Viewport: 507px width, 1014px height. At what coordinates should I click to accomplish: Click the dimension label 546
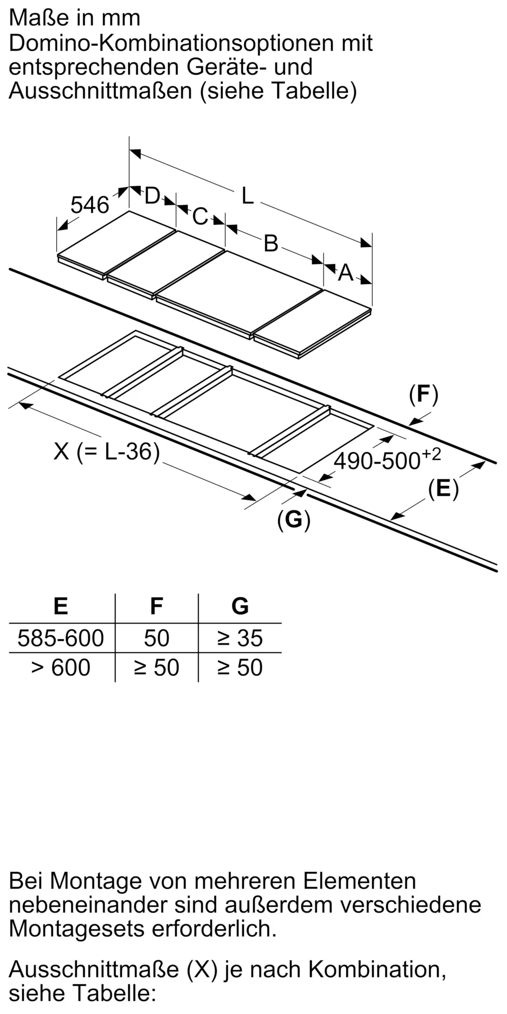click(x=90, y=205)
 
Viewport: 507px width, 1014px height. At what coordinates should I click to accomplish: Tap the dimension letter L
click(x=247, y=196)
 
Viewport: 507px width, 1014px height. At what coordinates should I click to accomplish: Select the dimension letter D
click(x=152, y=196)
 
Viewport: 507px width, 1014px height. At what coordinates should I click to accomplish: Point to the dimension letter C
click(x=200, y=216)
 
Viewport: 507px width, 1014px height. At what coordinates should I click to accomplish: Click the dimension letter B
click(x=271, y=243)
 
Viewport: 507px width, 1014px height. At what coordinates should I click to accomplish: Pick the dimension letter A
click(x=345, y=273)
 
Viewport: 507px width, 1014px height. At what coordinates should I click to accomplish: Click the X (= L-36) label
click(x=106, y=451)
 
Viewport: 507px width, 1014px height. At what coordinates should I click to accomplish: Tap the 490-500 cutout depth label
click(x=387, y=459)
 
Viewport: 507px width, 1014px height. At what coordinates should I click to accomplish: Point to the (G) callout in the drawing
click(x=294, y=519)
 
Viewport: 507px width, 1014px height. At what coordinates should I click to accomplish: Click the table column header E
click(x=60, y=606)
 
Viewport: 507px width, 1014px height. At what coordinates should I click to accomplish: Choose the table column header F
click(x=156, y=606)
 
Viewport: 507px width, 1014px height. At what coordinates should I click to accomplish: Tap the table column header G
click(x=240, y=606)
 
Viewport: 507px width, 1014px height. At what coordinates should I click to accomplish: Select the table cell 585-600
click(x=60, y=638)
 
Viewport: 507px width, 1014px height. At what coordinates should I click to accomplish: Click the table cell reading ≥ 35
click(x=240, y=638)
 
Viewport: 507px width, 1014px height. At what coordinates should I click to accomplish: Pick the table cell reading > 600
click(x=60, y=667)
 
